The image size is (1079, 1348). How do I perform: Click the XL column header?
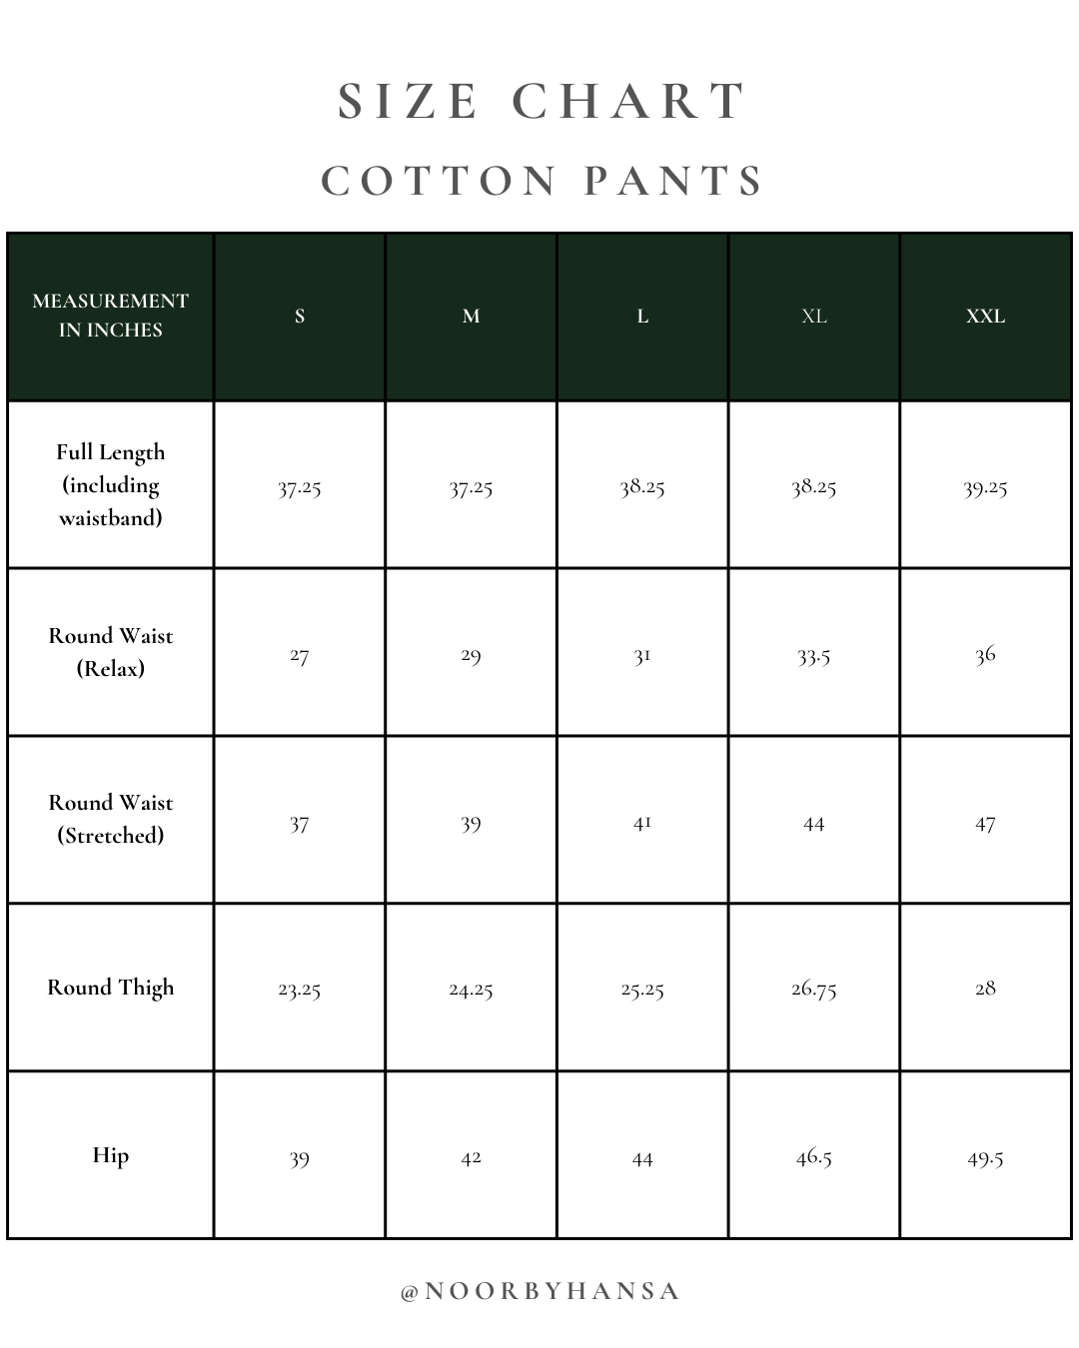[813, 317]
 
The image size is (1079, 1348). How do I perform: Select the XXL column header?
[985, 317]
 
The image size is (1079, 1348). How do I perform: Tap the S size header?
[300, 317]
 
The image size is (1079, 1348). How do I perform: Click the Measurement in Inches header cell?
[110, 316]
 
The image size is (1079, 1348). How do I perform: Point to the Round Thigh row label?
[111, 988]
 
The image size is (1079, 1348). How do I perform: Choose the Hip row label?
[111, 1155]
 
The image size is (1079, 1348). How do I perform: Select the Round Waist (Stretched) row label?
[111, 819]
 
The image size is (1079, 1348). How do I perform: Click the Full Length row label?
[111, 484]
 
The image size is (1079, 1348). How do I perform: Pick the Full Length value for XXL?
[985, 487]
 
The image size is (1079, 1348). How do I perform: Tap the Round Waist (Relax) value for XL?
[813, 655]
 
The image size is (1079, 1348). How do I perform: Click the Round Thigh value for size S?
[300, 990]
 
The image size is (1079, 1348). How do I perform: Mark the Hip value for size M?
[471, 1157]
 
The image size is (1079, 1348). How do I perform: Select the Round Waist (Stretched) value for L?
[642, 823]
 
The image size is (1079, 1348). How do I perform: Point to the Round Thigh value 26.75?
[813, 990]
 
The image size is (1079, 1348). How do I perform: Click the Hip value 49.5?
[985, 1158]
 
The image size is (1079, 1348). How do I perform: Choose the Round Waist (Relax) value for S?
[300, 655]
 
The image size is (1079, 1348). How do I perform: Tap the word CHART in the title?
[629, 102]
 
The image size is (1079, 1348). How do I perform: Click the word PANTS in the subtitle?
[674, 182]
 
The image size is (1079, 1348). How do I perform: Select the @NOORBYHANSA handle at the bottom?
[539, 1291]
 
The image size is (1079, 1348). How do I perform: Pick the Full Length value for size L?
[642, 487]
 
